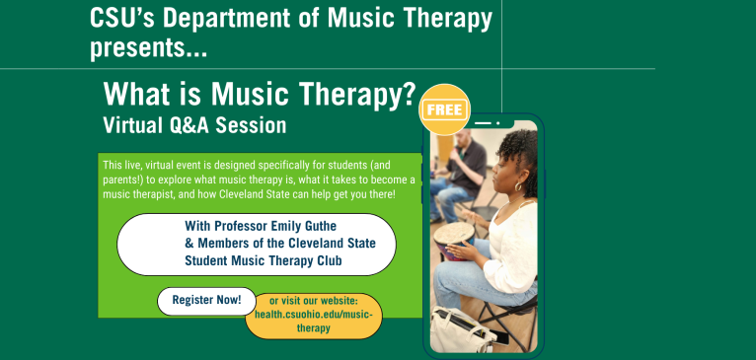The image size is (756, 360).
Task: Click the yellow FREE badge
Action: [x=445, y=109]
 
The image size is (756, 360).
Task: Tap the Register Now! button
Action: [x=206, y=300]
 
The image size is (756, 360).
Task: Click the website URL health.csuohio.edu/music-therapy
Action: [x=313, y=315]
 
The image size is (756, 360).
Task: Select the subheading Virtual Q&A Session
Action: [x=194, y=125]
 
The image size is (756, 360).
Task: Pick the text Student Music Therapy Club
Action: [x=263, y=260]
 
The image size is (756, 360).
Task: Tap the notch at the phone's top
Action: [x=484, y=124]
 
